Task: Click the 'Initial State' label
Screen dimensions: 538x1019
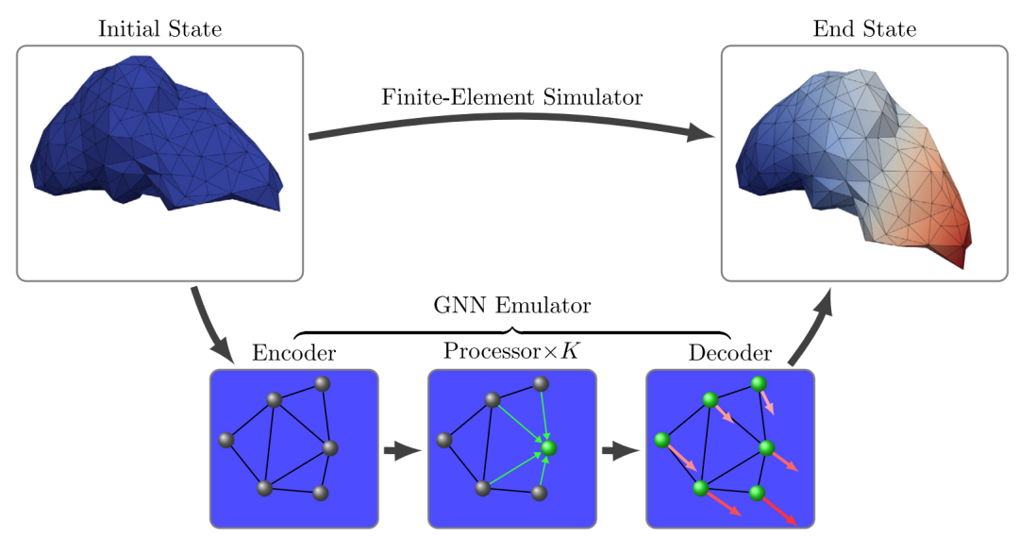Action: click(160, 28)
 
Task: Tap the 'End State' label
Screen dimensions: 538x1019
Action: click(864, 29)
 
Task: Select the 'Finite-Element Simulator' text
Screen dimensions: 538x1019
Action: click(512, 97)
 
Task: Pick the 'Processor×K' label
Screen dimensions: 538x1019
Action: click(511, 351)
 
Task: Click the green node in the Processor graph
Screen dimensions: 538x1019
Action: click(550, 449)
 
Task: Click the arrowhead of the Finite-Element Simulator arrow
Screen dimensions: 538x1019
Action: click(700, 134)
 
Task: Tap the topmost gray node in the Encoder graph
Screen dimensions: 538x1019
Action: click(322, 383)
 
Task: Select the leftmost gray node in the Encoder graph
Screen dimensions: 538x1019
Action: click(226, 440)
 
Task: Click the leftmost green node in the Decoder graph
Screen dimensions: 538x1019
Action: click(661, 440)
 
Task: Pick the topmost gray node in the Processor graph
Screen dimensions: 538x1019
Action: click(541, 383)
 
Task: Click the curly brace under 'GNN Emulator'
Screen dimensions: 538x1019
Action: click(512, 330)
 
